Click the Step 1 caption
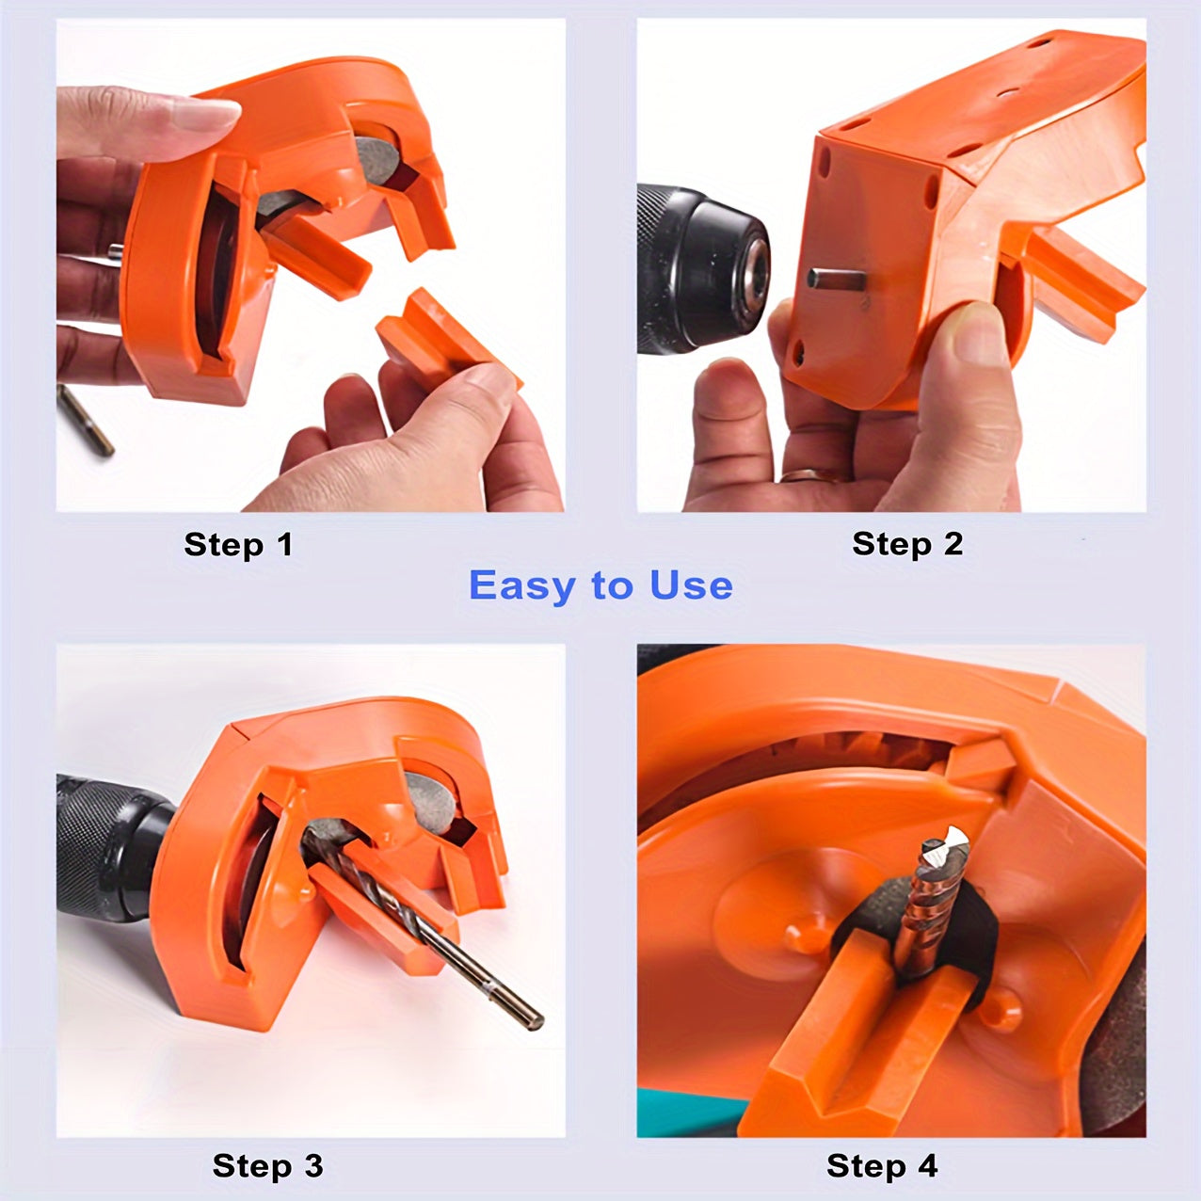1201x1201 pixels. tap(238, 545)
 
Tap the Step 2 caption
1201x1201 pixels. tap(907, 544)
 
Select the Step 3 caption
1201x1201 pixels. tap(267, 1166)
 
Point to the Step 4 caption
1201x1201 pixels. tap(882, 1166)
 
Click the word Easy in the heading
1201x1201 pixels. tap(521, 585)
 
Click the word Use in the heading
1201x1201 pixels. tap(691, 585)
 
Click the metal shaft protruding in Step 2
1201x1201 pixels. tap(835, 279)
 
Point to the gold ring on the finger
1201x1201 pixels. tap(808, 475)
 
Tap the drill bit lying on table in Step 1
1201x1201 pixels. tap(85, 420)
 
